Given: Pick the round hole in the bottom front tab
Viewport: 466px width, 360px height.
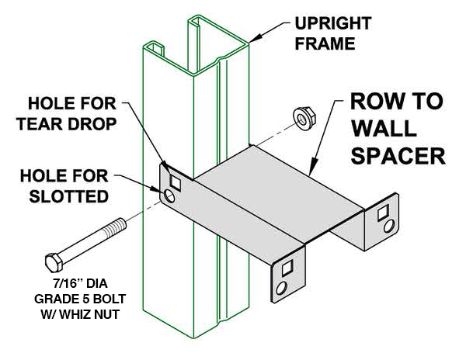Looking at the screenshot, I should (x=283, y=288).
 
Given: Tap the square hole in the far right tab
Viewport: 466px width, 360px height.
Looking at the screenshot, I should (x=385, y=211).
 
